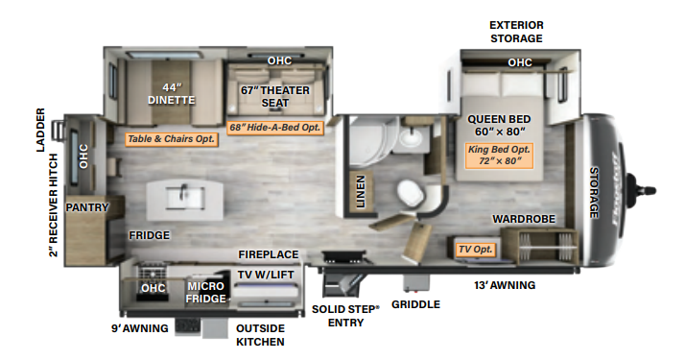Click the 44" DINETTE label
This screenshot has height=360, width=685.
(172, 92)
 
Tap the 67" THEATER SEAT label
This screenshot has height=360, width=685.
(279, 97)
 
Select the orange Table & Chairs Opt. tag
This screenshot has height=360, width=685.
(172, 139)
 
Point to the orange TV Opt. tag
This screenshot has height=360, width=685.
(475, 250)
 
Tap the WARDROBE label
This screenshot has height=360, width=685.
(524, 219)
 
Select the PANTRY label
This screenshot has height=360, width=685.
(87, 207)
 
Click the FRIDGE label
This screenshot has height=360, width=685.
(150, 235)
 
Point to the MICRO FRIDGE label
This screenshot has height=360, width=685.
(206, 292)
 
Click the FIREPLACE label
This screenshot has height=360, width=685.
(269, 254)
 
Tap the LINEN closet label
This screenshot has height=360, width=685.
(360, 190)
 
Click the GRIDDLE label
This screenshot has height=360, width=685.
(415, 304)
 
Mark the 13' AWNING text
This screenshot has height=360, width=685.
(503, 285)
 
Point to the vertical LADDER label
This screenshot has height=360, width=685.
(40, 130)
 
